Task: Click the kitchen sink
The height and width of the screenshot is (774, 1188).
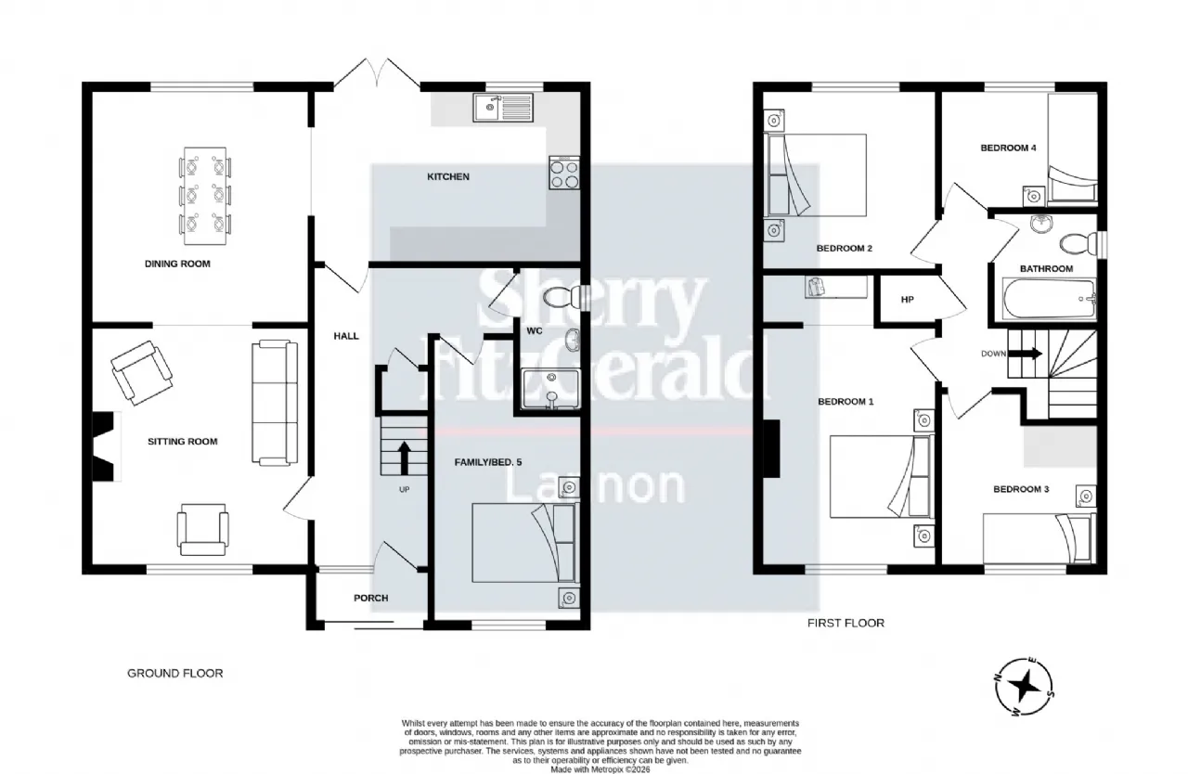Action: (503, 108)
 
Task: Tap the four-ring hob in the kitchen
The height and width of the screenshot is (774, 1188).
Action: (564, 173)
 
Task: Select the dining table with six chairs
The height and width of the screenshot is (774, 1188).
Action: (205, 196)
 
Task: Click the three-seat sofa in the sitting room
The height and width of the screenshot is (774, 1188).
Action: (275, 404)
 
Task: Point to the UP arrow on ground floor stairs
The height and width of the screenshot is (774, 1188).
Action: (404, 458)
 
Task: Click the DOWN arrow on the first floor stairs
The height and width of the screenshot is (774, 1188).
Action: (1030, 354)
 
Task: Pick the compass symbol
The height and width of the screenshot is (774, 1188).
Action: (1024, 687)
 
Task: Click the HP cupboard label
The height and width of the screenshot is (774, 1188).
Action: (908, 300)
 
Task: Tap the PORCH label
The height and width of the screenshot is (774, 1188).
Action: (370, 598)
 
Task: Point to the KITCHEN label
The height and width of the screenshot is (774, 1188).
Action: (448, 176)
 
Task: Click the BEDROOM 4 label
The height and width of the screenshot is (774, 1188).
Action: (1008, 148)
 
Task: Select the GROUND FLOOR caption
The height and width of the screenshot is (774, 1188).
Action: (175, 673)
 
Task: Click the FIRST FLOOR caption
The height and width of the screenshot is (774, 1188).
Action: (846, 623)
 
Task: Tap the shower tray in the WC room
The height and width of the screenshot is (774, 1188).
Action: (550, 389)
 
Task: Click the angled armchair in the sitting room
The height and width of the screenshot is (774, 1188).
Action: (142, 373)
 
